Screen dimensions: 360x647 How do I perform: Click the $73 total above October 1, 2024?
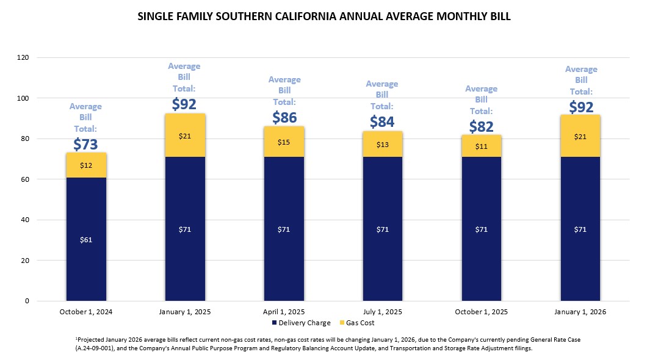85,144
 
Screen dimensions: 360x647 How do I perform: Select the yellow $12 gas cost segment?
86,165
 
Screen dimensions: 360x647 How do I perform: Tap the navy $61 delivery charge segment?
86,239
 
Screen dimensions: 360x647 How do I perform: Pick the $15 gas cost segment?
284,142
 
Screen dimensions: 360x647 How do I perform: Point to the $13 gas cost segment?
383,144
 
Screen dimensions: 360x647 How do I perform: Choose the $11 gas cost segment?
482,146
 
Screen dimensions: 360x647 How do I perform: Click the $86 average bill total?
284,117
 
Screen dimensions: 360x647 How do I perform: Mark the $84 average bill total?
382,122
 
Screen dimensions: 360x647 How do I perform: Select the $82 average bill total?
482,126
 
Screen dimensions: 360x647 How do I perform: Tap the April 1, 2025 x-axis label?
284,312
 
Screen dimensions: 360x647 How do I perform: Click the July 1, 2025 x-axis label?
383,312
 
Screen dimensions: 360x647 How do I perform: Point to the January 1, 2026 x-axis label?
580,312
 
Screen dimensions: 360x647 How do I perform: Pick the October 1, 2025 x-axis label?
482,312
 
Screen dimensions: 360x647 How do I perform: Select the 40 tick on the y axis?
26,220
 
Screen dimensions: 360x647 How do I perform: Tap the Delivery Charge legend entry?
302,323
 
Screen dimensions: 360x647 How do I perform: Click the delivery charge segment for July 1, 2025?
383,229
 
